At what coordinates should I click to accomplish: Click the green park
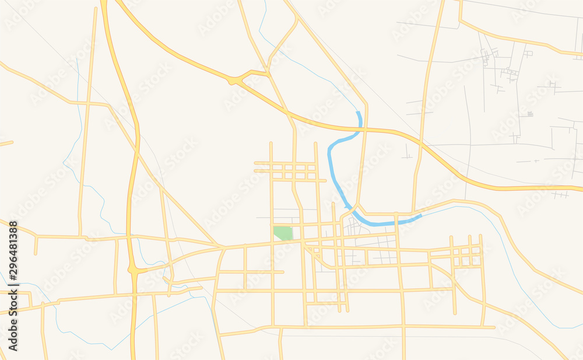[x=283, y=233]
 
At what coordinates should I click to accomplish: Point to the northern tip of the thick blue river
[x=359, y=112]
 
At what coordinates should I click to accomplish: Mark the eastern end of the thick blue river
[x=420, y=216]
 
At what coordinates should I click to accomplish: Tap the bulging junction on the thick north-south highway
[x=134, y=270]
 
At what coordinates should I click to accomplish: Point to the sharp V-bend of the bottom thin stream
[x=113, y=349]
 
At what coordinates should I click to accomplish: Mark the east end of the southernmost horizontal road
[x=494, y=327]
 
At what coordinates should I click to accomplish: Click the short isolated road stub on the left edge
[x=6, y=143]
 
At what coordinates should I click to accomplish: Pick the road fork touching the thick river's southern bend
[x=356, y=207]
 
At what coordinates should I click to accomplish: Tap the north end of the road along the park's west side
[x=271, y=144]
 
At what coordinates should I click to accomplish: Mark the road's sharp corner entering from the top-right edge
[x=461, y=21]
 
